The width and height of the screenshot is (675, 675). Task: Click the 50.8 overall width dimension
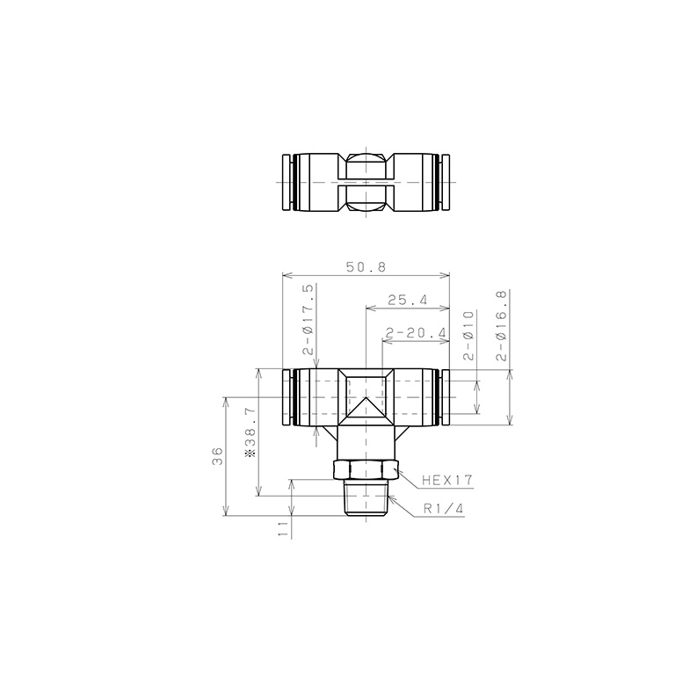tap(366, 267)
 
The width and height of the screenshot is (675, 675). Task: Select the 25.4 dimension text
tap(408, 300)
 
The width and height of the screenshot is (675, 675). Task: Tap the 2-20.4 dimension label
tap(417, 333)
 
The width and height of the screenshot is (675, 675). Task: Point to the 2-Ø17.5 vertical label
tap(308, 319)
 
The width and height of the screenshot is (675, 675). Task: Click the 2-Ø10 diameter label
tap(468, 336)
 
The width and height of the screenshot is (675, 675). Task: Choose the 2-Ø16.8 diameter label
tap(502, 325)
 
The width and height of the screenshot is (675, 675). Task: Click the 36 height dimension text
tap(218, 456)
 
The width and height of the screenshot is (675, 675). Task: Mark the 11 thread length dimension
tap(283, 528)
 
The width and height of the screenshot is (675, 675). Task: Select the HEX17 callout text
tap(447, 480)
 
